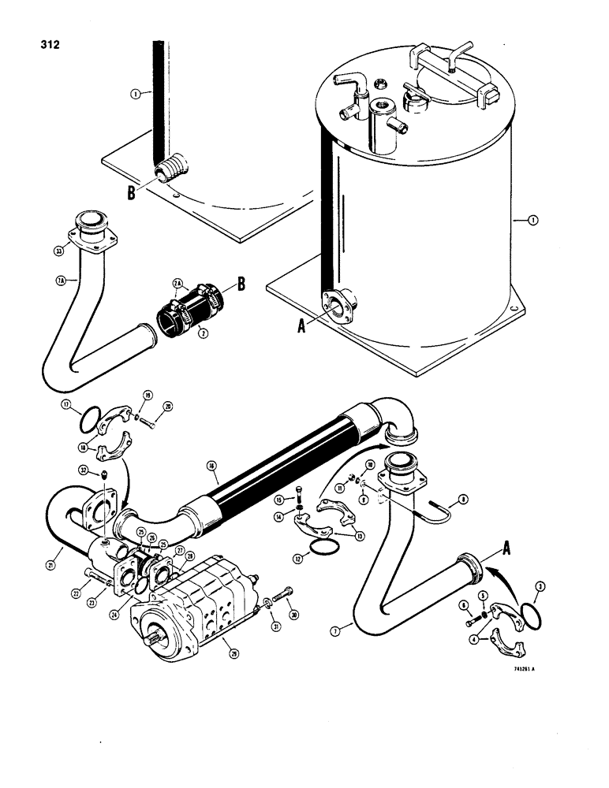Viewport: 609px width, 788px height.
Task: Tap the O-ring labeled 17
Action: pos(92,418)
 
